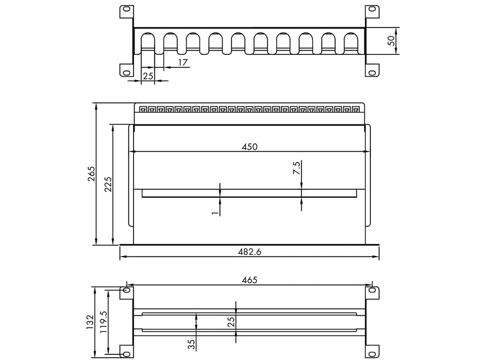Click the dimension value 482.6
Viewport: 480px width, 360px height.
click(x=249, y=252)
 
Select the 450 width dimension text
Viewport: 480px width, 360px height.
click(x=249, y=147)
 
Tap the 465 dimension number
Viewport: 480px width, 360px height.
click(x=249, y=280)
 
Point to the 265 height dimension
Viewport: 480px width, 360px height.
click(x=91, y=174)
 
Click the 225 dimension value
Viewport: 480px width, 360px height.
click(x=108, y=184)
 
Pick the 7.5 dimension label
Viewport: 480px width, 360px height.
click(x=296, y=168)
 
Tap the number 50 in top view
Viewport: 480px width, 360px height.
click(x=392, y=41)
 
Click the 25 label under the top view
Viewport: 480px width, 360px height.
click(x=148, y=76)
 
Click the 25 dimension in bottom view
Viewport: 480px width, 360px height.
click(x=231, y=322)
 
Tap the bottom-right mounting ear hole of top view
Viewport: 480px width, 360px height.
click(x=372, y=72)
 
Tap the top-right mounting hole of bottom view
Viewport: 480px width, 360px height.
click(x=372, y=291)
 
